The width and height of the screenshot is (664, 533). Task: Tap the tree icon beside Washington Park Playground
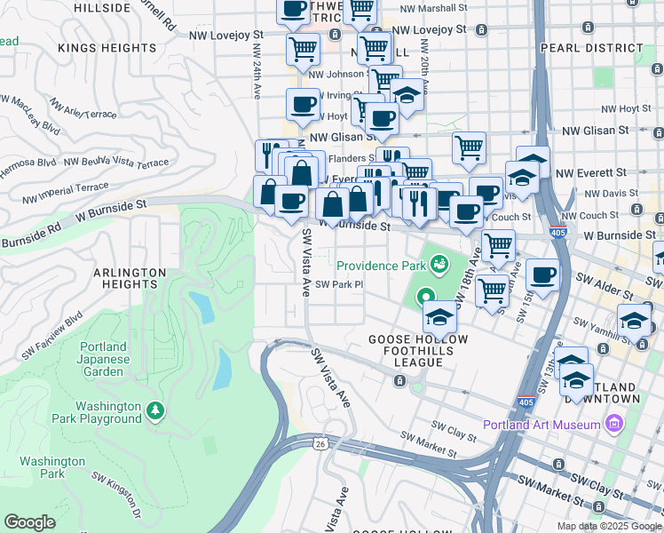click(156, 410)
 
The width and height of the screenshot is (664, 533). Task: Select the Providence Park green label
click(380, 266)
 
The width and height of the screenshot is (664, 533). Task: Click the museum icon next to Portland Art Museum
click(613, 424)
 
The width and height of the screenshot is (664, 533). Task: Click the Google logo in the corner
click(29, 521)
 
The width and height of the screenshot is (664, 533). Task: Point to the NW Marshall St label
click(432, 9)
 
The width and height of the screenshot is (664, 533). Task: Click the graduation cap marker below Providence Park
click(439, 315)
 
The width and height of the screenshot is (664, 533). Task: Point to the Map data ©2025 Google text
click(608, 525)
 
